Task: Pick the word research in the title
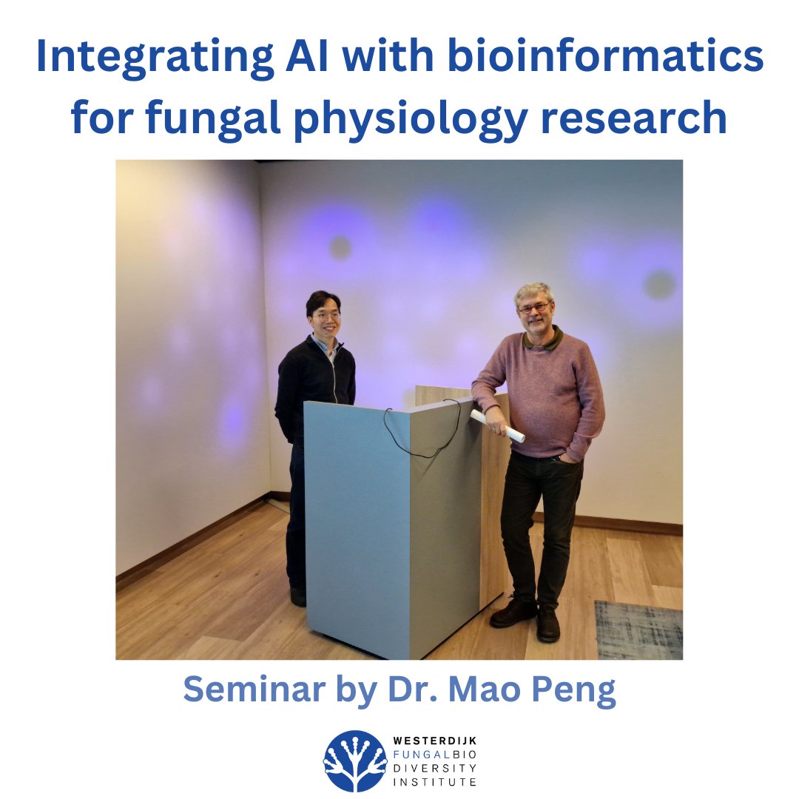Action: (x=644, y=118)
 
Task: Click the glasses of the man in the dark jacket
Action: (x=326, y=316)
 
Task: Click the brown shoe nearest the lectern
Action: (x=512, y=613)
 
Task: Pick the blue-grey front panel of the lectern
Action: (x=356, y=525)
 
